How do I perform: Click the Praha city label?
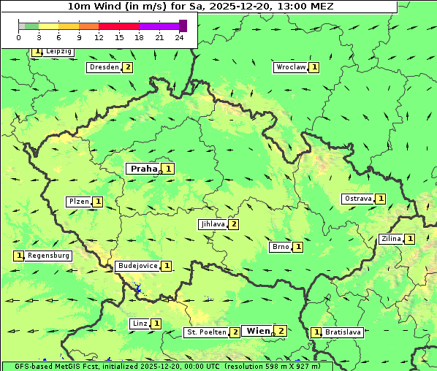tap(143, 169)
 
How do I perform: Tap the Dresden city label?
tap(103, 67)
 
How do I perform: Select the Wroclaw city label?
tap(290, 67)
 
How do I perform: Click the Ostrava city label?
tap(357, 199)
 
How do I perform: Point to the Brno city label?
tap(280, 247)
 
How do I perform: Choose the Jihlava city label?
tap(212, 224)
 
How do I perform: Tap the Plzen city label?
tap(78, 202)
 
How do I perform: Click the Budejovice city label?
tap(137, 266)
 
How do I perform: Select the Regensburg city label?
tap(49, 256)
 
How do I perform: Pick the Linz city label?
tap(140, 324)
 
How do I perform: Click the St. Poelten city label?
tap(205, 332)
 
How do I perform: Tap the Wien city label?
tap(258, 331)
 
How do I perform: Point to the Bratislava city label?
tap(343, 332)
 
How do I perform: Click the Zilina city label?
tap(390, 239)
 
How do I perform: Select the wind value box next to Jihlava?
tap(234, 224)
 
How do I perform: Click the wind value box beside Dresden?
tap(128, 67)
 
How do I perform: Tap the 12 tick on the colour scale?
tap(99, 37)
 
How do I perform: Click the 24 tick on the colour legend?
tap(179, 37)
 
